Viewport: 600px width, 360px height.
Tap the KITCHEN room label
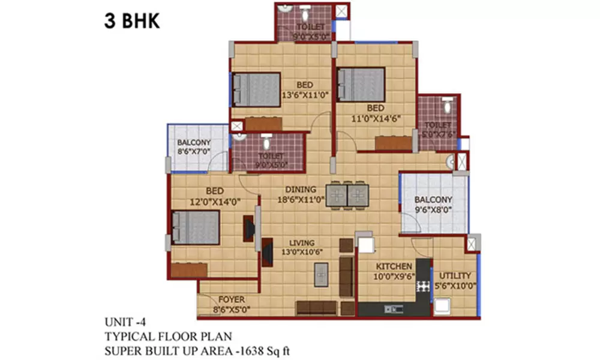394,266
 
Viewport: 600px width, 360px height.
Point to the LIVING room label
301,243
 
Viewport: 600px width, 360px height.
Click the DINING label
301,190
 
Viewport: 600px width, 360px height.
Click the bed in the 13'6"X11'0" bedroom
257,89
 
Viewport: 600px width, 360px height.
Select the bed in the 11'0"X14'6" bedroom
361,84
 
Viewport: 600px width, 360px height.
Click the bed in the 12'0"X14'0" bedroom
195,227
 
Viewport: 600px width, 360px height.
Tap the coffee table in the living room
321,275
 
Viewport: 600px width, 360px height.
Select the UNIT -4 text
126,321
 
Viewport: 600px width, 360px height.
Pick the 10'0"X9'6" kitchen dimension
394,277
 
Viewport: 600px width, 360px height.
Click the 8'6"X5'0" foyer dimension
230,310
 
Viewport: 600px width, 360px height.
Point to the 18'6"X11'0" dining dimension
301,201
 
